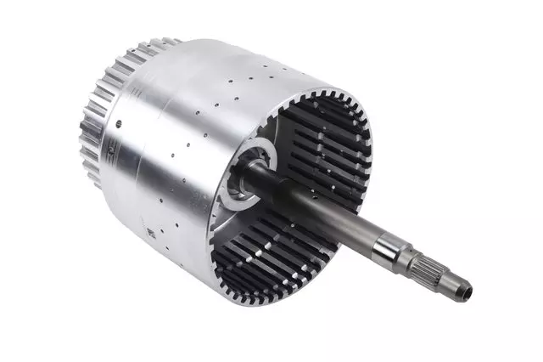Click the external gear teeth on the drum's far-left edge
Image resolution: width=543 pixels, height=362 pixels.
89,144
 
